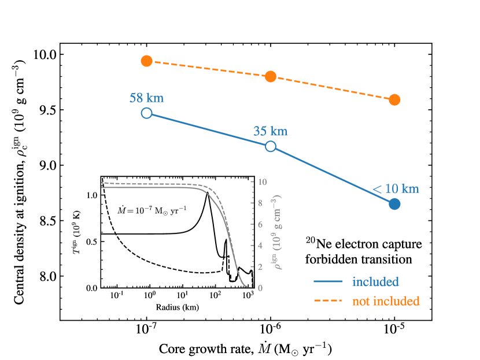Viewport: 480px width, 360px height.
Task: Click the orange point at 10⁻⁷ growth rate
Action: coord(146,61)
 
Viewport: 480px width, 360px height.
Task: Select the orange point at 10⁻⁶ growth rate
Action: coord(271,76)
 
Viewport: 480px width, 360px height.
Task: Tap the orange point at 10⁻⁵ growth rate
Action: coord(394,99)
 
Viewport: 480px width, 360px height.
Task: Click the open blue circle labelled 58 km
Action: coord(146,113)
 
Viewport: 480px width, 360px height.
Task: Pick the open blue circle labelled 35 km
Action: coord(271,146)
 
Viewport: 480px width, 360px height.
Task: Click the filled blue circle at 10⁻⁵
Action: coord(394,203)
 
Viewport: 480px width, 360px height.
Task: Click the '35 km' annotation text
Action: coord(270,131)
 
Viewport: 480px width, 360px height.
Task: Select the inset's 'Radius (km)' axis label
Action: coord(177,307)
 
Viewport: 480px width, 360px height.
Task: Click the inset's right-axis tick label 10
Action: coord(262,181)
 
